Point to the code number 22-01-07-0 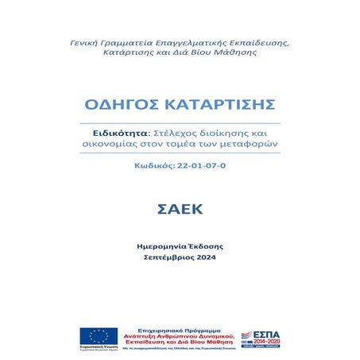point(201,166)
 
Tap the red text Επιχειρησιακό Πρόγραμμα point(185,327)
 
